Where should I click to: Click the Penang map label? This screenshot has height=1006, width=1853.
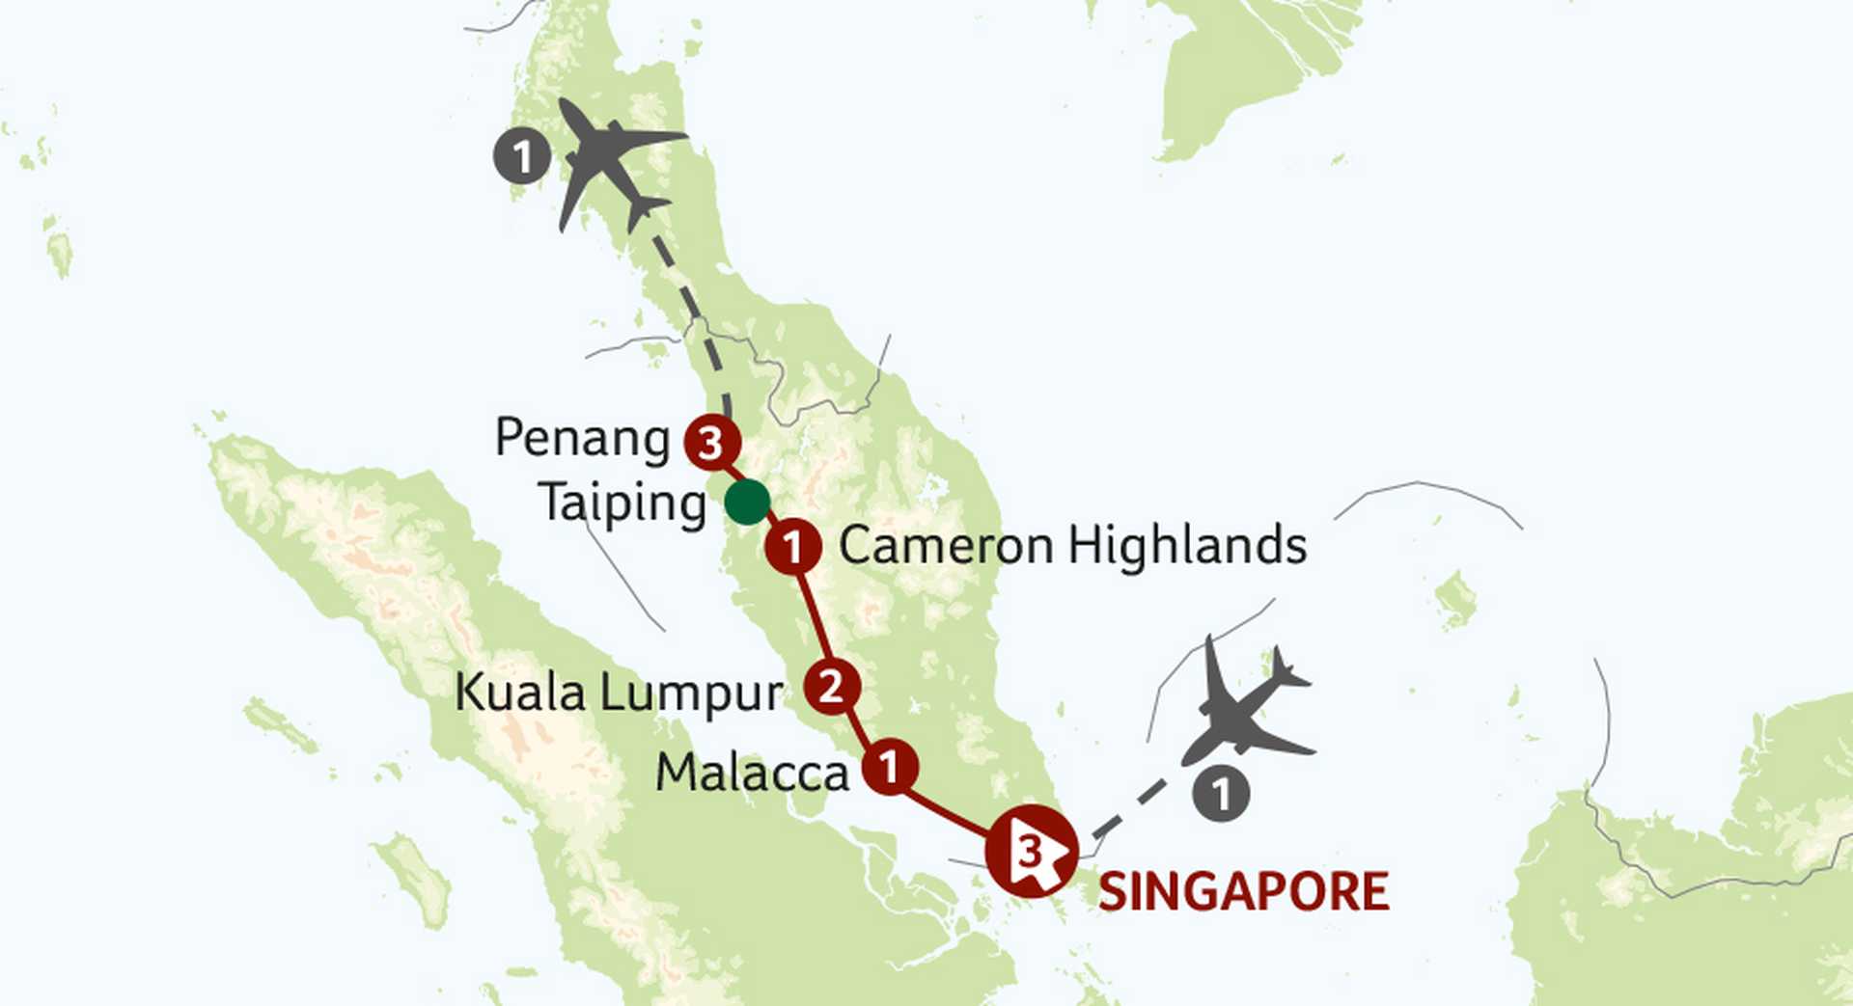[582, 439]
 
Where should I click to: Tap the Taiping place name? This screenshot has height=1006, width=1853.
[622, 503]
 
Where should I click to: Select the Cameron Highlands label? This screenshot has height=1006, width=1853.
[1072, 546]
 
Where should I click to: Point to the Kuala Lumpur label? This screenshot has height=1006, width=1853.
[618, 693]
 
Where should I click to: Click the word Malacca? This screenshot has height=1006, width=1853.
[752, 773]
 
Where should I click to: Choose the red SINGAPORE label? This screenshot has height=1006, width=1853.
[1243, 891]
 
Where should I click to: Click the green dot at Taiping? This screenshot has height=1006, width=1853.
[747, 503]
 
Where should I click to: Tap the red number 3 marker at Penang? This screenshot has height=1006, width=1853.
[712, 443]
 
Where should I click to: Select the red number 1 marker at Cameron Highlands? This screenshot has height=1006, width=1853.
[793, 547]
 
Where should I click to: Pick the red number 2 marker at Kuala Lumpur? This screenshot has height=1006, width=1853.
[831, 687]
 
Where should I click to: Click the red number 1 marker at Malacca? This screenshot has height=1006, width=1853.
[889, 767]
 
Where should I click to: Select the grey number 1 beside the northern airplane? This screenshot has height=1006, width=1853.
[522, 156]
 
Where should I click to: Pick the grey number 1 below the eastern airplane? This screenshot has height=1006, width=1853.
[1221, 794]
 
